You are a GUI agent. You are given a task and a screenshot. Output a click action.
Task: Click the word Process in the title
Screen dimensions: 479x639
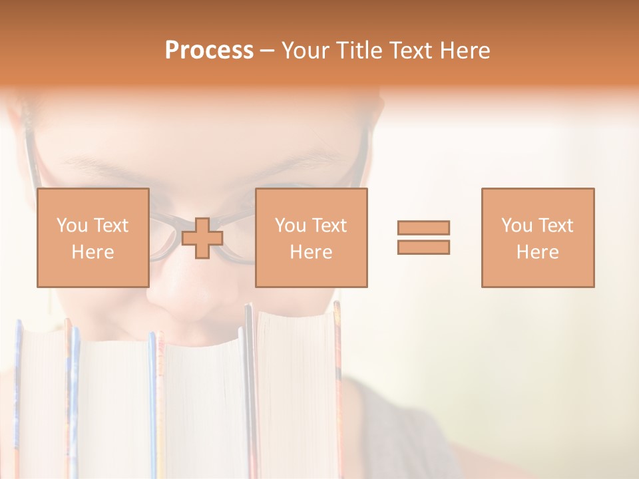(209, 51)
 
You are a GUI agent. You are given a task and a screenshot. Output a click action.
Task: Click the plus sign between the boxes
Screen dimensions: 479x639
(202, 238)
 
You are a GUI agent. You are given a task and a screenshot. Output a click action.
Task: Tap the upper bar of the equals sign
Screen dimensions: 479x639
(423, 228)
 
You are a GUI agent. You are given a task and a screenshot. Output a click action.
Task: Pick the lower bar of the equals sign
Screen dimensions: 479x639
(423, 247)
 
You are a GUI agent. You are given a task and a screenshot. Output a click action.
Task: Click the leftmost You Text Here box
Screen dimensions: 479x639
(93, 238)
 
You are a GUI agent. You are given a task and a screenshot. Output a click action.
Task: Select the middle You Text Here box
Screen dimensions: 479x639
(311, 238)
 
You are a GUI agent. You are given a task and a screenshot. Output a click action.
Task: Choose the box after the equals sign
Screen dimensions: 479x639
(537, 238)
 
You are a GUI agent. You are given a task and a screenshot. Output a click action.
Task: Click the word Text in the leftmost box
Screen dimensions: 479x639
(111, 226)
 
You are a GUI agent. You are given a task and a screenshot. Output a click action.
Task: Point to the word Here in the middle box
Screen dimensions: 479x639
(311, 252)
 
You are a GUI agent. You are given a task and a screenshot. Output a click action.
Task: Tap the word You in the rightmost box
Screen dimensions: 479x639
(517, 226)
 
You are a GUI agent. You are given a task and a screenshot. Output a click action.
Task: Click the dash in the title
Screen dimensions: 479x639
(268, 51)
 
